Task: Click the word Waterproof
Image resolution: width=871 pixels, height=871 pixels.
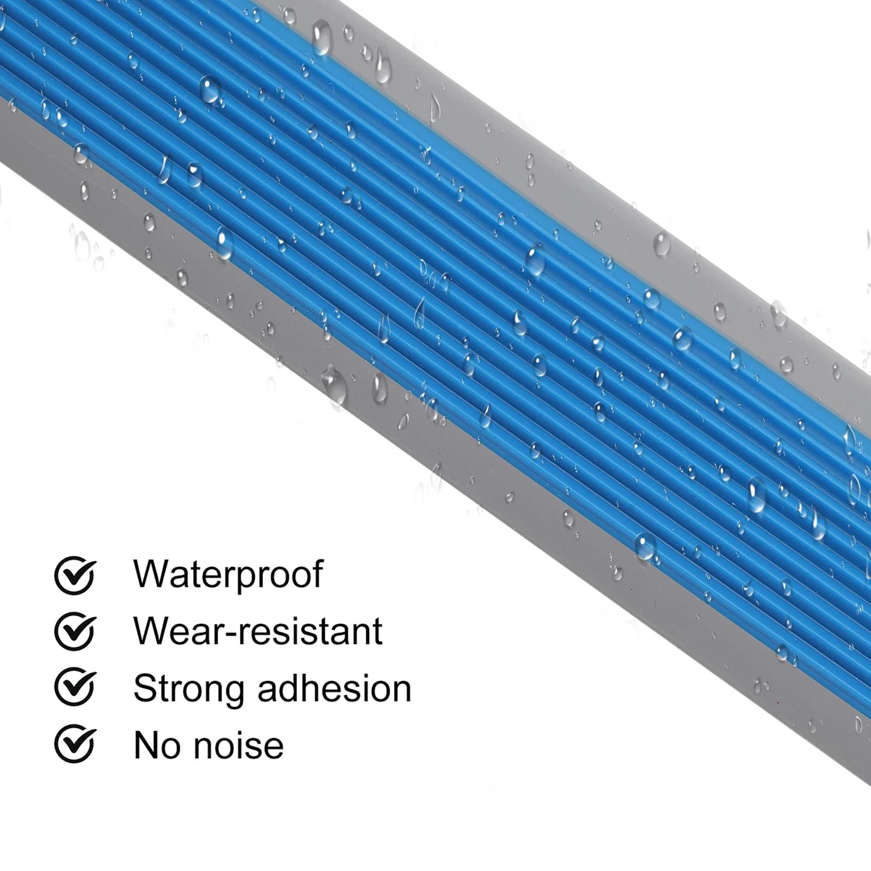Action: click(228, 574)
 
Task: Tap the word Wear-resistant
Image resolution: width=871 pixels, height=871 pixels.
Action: click(257, 631)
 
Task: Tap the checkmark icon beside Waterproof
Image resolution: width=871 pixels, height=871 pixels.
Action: click(75, 575)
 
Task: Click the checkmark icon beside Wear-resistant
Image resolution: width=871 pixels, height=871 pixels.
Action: click(75, 631)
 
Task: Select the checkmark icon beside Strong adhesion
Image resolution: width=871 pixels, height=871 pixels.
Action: click(75, 689)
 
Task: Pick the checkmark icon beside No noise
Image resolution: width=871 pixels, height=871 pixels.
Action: click(75, 745)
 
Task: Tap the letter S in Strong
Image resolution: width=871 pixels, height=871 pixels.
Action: click(144, 689)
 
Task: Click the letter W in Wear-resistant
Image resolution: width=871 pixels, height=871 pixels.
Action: click(150, 631)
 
